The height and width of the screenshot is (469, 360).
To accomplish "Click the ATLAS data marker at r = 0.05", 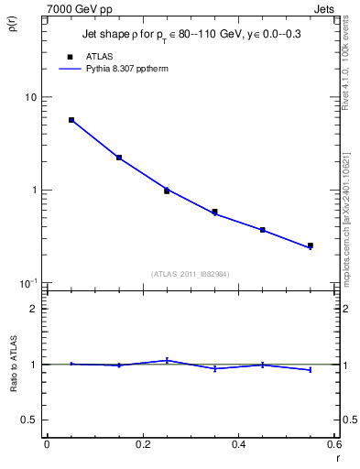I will tap(71, 120).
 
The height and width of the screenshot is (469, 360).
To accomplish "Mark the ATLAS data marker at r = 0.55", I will tap(311, 245).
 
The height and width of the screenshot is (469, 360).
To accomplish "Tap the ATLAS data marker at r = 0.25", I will tap(167, 191).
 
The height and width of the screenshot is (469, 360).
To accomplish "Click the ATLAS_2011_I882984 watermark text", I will tap(190, 274).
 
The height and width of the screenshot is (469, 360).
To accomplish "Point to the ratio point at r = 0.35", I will tap(214, 368).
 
